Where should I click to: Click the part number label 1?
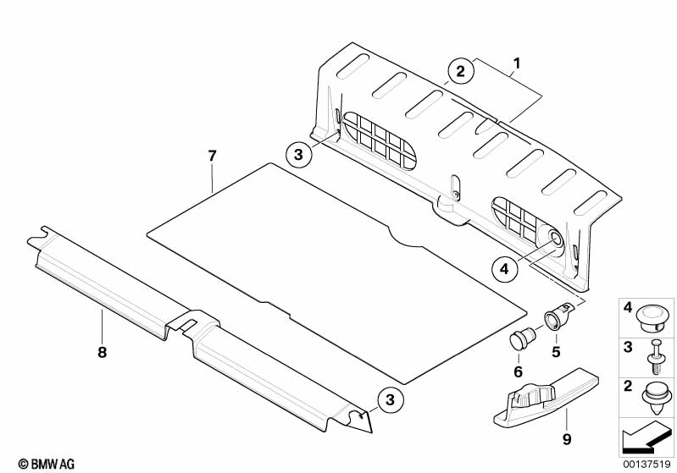517,63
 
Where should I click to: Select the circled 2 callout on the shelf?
461,71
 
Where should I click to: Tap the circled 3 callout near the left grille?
298,154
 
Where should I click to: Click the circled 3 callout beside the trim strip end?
390,399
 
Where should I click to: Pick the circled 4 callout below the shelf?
504,269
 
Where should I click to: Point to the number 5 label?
556,352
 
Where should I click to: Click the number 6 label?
518,371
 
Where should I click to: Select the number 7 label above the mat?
212,156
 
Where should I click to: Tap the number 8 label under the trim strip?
102,353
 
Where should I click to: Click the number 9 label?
567,439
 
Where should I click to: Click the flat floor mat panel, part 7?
336,276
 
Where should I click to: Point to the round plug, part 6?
520,338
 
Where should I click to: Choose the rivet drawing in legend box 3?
655,357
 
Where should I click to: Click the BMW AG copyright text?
47,464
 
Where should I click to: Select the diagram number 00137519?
646,464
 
